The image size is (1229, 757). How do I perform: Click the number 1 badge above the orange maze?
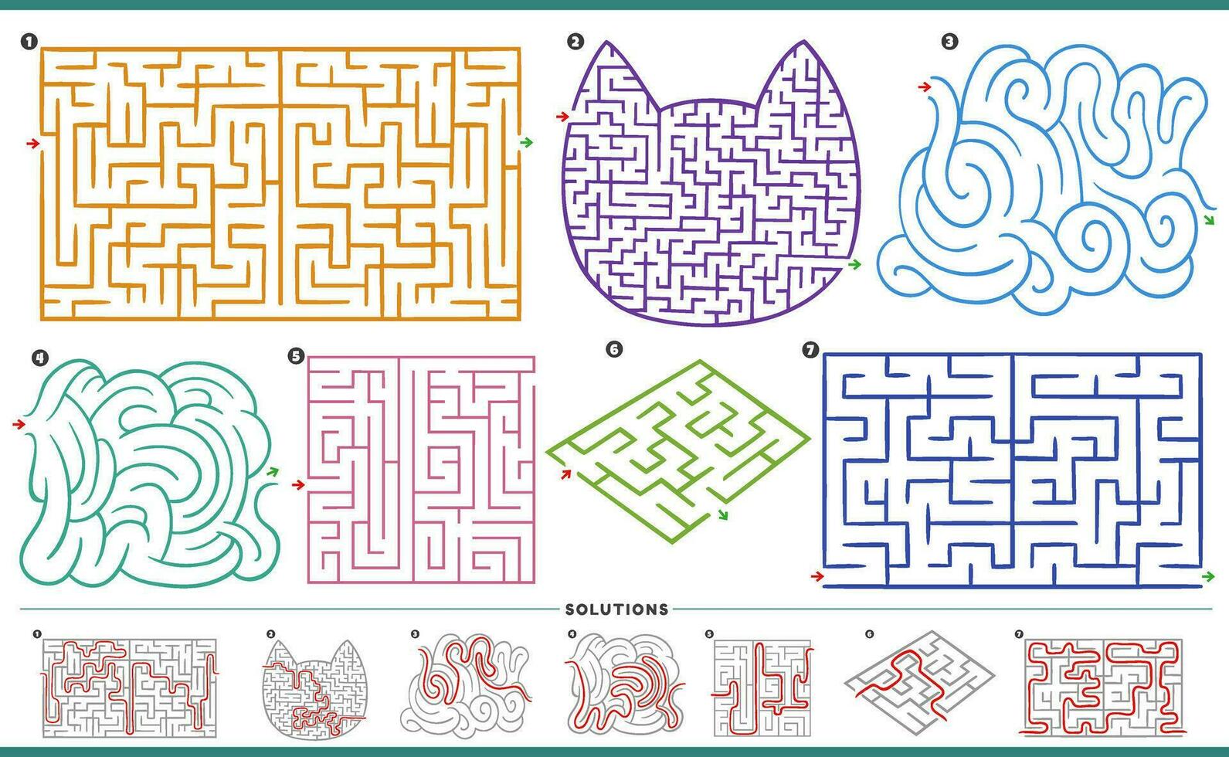tap(29, 42)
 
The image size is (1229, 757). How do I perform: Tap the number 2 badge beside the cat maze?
tap(575, 42)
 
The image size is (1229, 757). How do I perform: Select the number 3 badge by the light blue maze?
tap(949, 42)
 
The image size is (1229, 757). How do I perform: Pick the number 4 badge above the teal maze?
tap(39, 357)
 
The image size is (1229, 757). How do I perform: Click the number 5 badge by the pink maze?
tap(295, 355)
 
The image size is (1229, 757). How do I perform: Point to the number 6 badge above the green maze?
tap(614, 349)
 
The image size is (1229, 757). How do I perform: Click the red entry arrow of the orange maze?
tap(32, 143)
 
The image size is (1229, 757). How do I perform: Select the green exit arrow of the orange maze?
tap(527, 142)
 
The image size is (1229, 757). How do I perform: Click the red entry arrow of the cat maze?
tap(562, 117)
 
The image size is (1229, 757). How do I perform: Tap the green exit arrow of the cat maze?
tap(854, 265)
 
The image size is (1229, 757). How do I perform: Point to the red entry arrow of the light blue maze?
tap(924, 87)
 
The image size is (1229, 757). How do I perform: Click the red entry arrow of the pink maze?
tap(298, 484)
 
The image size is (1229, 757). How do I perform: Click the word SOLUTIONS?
tap(616, 609)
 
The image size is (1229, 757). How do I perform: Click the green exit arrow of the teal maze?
tap(272, 470)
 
